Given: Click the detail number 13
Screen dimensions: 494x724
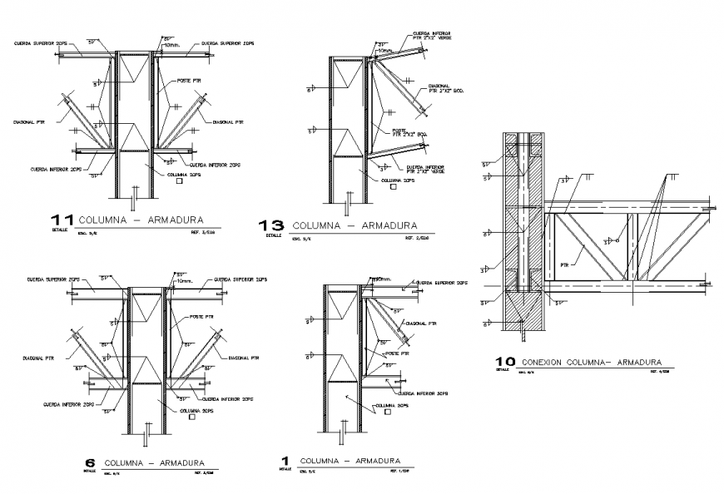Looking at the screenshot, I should tap(271, 225).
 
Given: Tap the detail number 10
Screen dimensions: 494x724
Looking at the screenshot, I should tap(504, 362).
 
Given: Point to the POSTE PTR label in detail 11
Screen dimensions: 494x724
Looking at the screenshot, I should tap(189, 81).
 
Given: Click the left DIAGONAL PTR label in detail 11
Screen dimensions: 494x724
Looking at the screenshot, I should tap(29, 122).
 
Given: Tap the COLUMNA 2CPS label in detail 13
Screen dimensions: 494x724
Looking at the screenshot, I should tap(396, 180).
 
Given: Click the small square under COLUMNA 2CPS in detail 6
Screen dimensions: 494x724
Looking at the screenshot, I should tap(193, 419).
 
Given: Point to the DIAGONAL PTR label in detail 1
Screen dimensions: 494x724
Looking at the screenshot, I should tap(421, 323).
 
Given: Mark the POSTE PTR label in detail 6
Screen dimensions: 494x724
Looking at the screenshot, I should tap(201, 317).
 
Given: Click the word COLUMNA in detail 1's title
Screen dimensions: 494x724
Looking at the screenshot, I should tap(318, 461).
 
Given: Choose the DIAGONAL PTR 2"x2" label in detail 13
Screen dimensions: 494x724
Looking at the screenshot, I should tap(440, 87).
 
